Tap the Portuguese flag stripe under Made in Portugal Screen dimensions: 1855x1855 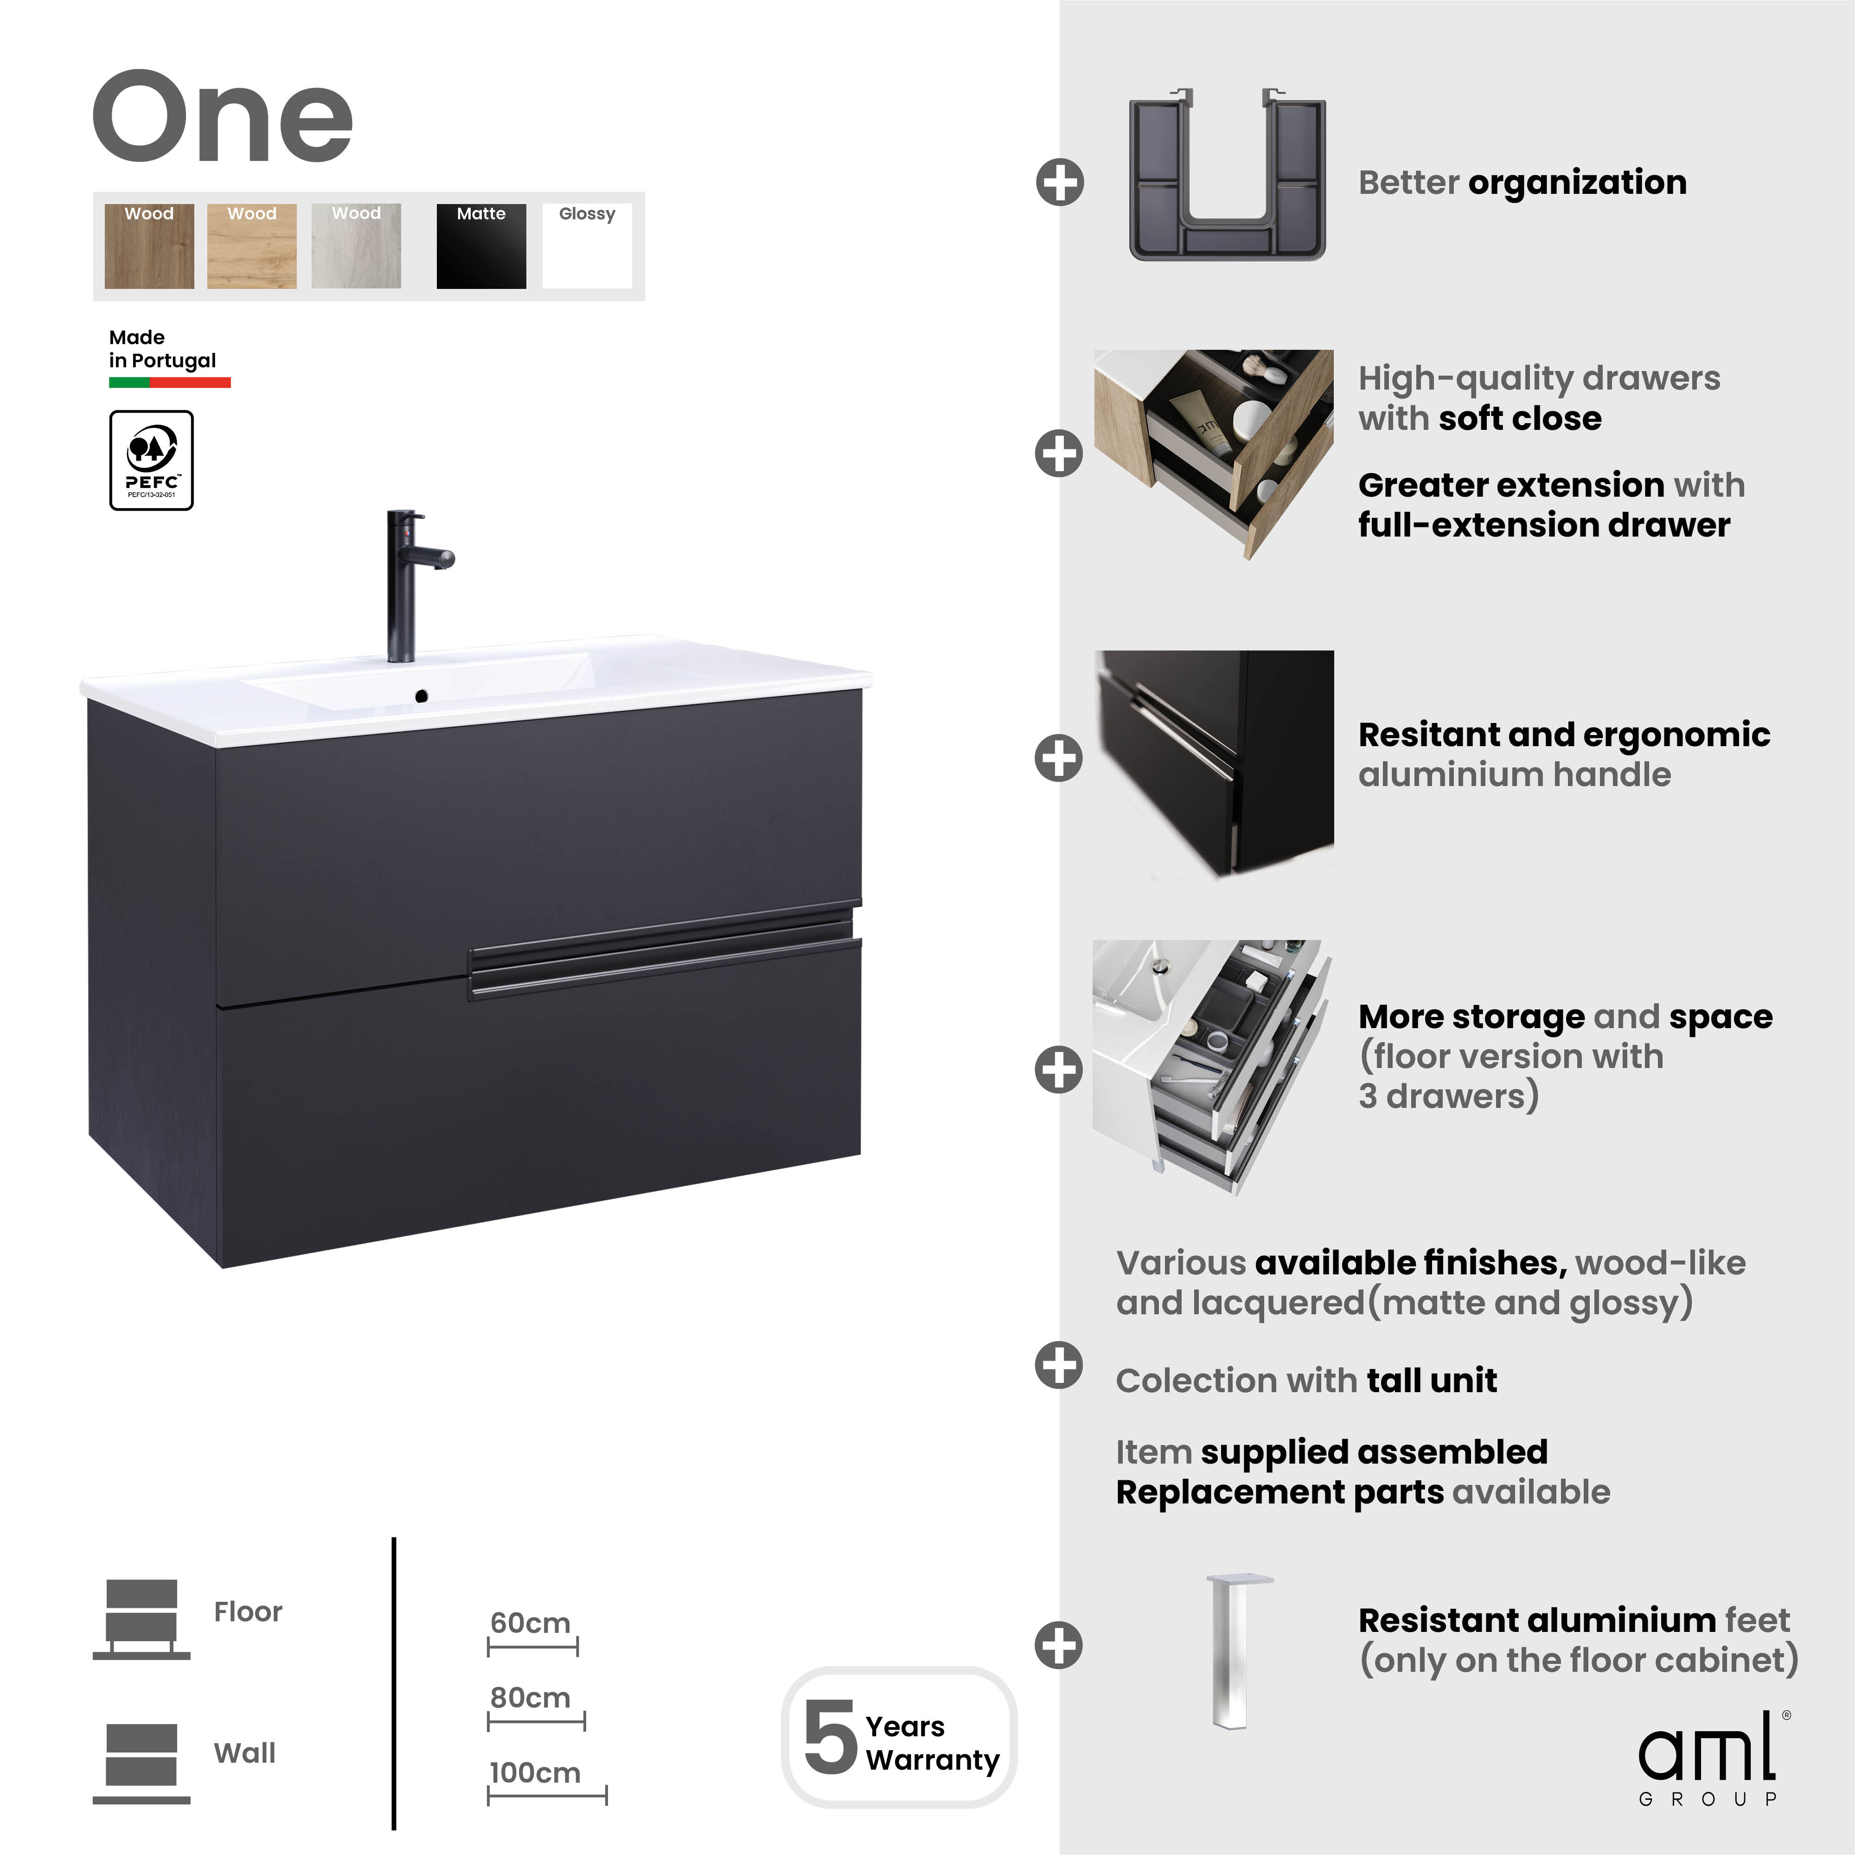[x=170, y=382]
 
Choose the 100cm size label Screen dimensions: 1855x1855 [x=535, y=1772]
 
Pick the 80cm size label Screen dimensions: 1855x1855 [x=530, y=1697]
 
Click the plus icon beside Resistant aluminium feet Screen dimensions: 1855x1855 [x=1059, y=1645]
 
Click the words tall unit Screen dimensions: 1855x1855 [x=1432, y=1381]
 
